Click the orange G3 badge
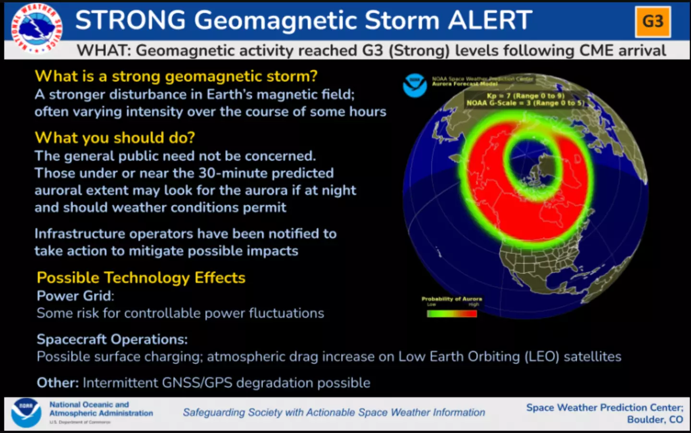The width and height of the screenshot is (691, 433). click(x=653, y=22)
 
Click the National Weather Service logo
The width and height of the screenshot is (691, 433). click(x=36, y=28)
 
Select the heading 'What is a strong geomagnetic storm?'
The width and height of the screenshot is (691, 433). click(x=176, y=76)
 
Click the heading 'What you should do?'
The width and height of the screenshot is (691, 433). click(x=115, y=138)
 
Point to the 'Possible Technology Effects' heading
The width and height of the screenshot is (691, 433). click(x=141, y=278)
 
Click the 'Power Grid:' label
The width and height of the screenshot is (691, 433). click(x=75, y=296)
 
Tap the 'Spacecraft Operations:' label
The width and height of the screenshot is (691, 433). click(x=112, y=339)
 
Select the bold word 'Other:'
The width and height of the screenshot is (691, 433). click(x=58, y=383)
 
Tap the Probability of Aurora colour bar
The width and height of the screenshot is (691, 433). click(x=452, y=314)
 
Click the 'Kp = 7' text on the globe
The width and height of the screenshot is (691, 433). click(x=499, y=96)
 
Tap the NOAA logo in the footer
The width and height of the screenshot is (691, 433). click(x=26, y=412)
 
